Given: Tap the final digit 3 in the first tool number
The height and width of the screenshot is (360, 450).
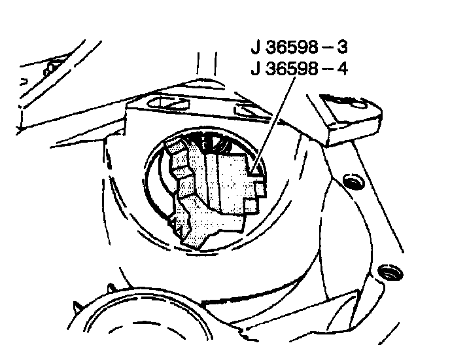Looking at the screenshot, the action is pyautogui.click(x=343, y=48).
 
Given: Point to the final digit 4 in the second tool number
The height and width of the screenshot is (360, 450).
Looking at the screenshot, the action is pyautogui.click(x=343, y=68).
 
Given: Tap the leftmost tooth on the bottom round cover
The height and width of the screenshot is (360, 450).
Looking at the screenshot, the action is pyautogui.click(x=77, y=305).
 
